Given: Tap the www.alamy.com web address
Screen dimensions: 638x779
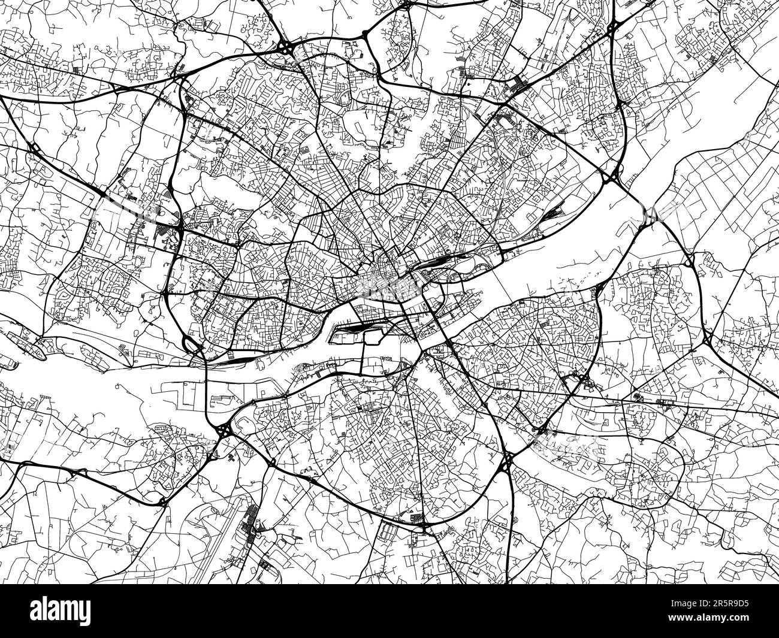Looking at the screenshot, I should pos(729,627).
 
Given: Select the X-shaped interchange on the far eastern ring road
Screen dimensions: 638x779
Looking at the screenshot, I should pos(708,340).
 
